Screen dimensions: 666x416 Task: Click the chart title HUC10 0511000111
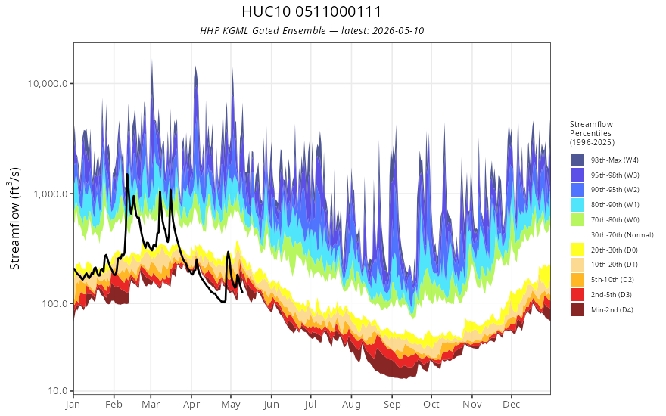point(311,11)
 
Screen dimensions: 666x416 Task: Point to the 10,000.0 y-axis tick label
point(48,84)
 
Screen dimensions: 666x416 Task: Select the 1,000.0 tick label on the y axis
point(51,194)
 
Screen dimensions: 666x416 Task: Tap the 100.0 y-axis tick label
point(54,304)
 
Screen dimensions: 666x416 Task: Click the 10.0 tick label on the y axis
point(58,390)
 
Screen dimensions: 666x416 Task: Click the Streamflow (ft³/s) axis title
point(14,219)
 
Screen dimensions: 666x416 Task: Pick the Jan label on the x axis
point(73,405)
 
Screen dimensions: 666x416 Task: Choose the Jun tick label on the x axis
point(271,405)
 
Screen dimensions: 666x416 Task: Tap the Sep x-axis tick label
point(392,405)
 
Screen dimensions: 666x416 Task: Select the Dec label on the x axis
point(512,405)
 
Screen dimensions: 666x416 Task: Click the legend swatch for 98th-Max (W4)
point(577,160)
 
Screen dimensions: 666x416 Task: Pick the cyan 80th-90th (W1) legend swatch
point(577,205)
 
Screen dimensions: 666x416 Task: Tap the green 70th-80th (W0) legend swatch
point(577,220)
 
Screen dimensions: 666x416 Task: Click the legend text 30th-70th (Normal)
point(622,234)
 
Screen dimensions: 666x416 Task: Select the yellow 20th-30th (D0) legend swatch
point(577,250)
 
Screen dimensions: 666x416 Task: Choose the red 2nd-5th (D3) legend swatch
point(577,294)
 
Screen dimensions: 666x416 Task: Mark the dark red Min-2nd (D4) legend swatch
point(577,309)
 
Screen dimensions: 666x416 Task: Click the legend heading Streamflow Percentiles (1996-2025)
point(592,133)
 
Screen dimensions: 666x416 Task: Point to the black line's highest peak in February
point(126,174)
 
